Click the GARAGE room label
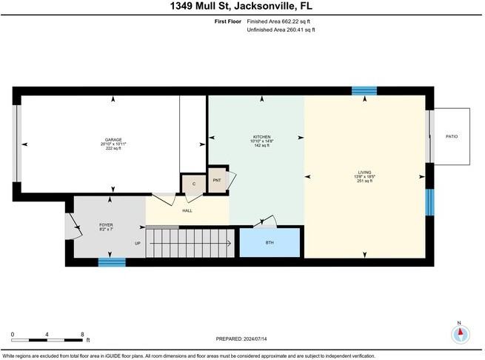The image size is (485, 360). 113,140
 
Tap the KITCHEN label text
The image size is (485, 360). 262,137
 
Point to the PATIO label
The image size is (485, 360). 451,137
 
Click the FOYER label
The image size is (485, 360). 106,224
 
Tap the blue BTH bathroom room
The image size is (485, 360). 269,243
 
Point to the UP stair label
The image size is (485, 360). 137,243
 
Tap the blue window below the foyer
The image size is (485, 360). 112,261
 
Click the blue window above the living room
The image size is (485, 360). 364,90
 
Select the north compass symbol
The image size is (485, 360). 460,333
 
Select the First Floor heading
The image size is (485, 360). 228,21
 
